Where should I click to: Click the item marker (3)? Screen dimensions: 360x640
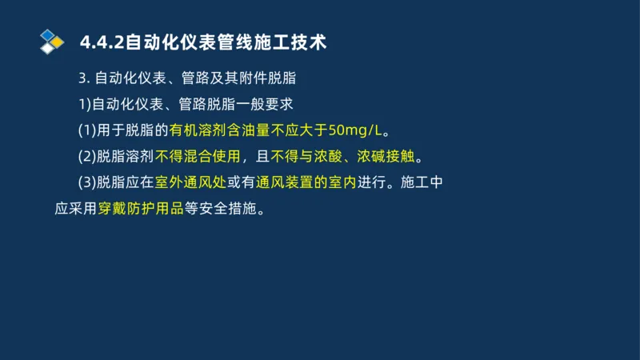86,182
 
